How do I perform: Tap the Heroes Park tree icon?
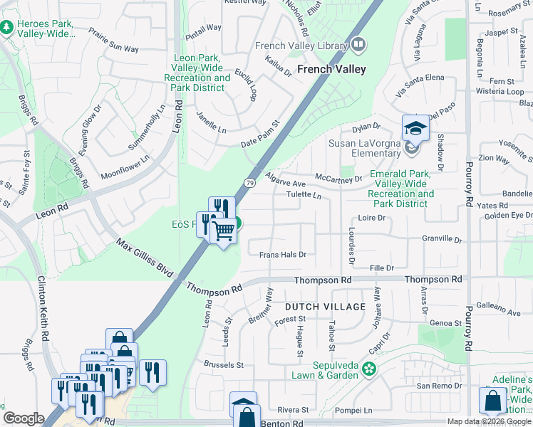pos(7,27)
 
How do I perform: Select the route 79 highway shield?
pos(250,184)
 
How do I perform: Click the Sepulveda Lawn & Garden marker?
pos(368,369)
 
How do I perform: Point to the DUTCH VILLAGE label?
pos(325,307)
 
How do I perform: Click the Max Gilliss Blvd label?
pos(146,263)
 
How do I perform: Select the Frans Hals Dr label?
pos(282,254)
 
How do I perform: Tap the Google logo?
pos(24,418)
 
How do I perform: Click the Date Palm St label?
pos(260,135)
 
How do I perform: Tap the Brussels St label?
pos(224,365)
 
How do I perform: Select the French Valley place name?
pos(331,69)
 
